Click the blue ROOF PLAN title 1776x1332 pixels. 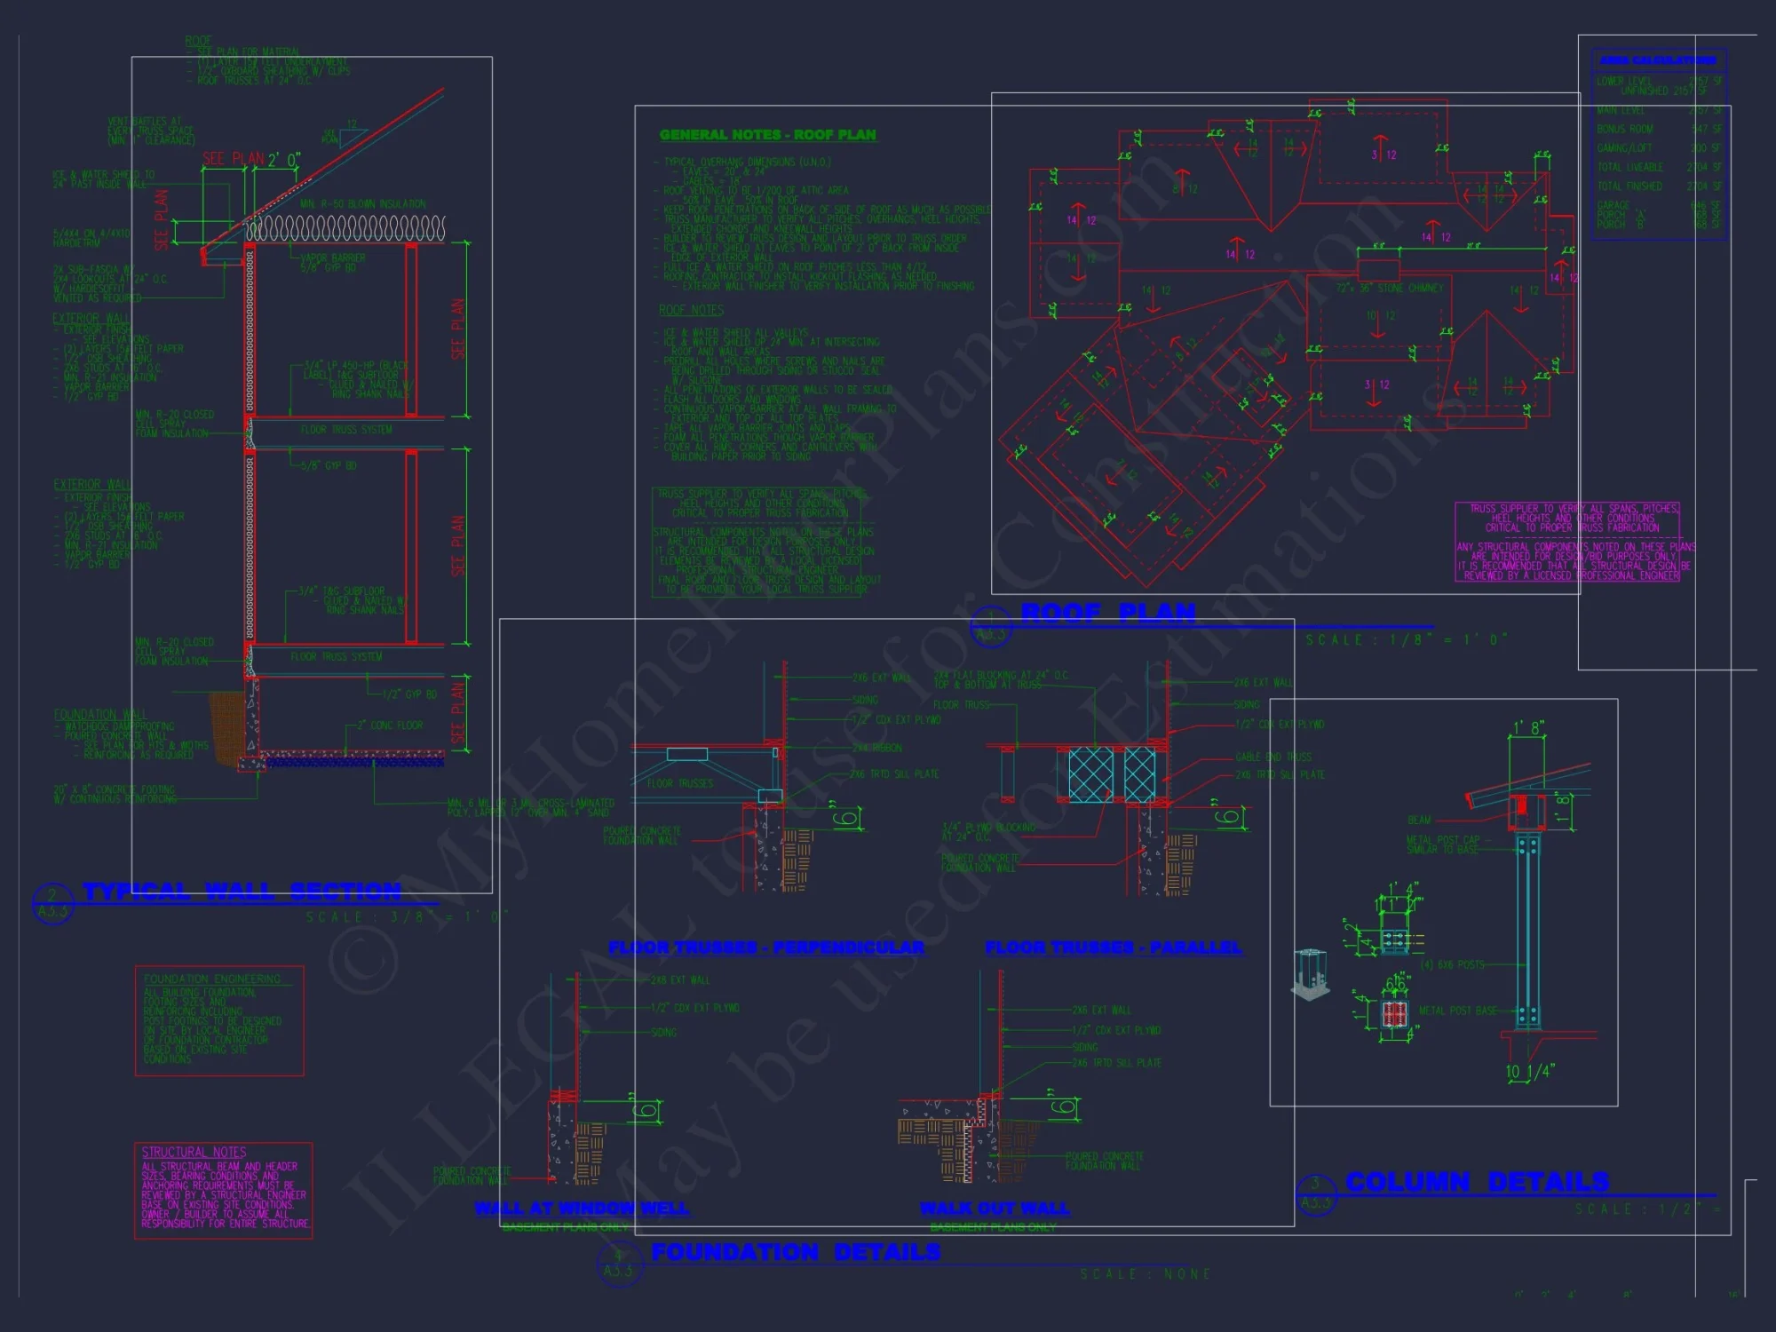(1108, 613)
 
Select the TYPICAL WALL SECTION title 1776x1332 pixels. (242, 892)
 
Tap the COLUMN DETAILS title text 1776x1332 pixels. (1477, 1182)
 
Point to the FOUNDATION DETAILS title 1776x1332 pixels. (796, 1252)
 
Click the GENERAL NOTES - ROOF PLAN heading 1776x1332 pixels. (767, 135)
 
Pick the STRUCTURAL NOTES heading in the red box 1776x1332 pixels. (194, 1152)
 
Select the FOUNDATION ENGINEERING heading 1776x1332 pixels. (212, 979)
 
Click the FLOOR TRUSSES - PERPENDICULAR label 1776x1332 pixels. (766, 947)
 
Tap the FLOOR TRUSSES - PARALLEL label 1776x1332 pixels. (1114, 947)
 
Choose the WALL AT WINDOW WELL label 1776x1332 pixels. (582, 1209)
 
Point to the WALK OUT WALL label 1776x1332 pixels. (995, 1209)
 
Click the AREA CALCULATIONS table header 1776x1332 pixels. (1657, 60)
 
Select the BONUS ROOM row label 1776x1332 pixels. (1624, 130)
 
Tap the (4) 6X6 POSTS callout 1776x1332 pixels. (1452, 964)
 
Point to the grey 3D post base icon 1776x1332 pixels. (1310, 974)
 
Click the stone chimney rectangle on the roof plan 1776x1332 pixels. (1378, 271)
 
